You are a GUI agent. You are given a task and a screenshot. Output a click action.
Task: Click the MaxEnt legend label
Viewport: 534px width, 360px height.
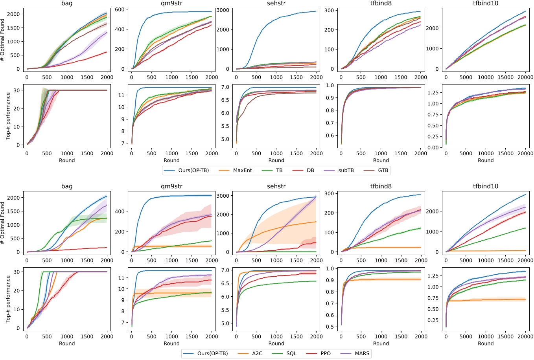243,170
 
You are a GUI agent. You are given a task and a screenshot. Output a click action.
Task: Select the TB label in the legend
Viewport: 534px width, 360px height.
279,170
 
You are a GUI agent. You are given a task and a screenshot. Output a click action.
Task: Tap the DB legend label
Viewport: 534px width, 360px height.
310,170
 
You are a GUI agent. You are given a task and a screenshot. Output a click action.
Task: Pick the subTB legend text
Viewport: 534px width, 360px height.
346,170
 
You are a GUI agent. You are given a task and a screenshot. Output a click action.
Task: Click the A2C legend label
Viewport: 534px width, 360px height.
257,353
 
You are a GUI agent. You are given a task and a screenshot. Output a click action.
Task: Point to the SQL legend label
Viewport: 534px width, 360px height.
291,353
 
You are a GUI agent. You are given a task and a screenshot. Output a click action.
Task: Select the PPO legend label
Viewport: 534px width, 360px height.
326,353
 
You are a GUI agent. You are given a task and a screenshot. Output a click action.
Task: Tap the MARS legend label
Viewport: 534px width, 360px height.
362,353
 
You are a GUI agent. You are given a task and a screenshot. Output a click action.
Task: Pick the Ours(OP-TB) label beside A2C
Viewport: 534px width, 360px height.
212,353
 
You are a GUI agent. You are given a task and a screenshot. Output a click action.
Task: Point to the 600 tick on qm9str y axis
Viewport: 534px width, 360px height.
120,9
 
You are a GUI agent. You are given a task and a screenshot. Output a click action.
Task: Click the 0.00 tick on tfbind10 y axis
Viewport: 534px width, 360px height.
433,148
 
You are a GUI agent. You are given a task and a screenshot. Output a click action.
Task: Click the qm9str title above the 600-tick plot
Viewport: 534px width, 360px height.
171,3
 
